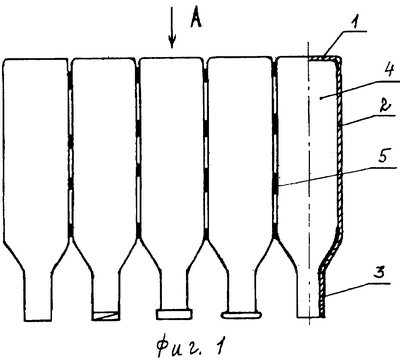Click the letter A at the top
click(x=196, y=17)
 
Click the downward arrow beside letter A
click(x=172, y=28)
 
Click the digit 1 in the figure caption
click(x=218, y=346)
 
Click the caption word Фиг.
click(x=178, y=345)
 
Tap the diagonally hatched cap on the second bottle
click(x=105, y=316)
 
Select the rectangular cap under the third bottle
click(x=174, y=314)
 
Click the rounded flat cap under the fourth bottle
click(x=241, y=315)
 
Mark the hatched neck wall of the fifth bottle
click(x=322, y=293)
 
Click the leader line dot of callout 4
click(x=320, y=98)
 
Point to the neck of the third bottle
click(x=174, y=288)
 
